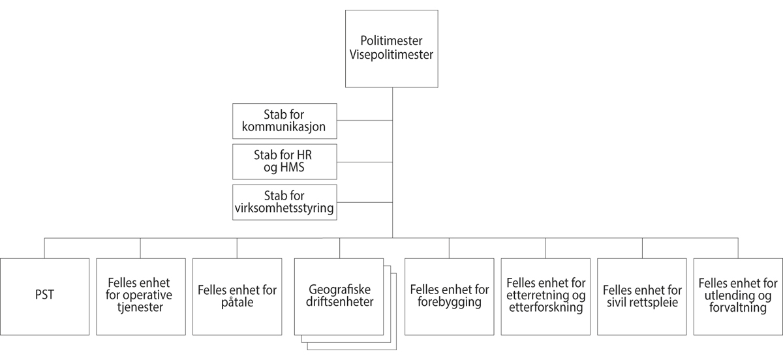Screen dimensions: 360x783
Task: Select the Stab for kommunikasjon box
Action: pos(284,121)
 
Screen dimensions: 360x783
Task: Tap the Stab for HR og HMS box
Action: pos(284,162)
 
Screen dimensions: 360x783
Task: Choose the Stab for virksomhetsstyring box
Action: pos(284,202)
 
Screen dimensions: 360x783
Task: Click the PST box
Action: pos(44,297)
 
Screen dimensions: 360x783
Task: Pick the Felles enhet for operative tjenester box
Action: pos(140,297)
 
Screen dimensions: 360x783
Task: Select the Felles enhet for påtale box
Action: pos(236,297)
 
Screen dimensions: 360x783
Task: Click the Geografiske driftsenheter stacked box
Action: pos(339,297)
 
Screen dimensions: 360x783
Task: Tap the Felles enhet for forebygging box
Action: pos(449,297)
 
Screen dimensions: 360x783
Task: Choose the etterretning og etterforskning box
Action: pos(545,297)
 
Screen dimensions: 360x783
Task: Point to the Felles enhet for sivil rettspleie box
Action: pos(642,297)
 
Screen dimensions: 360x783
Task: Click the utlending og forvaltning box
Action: pos(738,297)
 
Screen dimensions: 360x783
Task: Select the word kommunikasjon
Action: pos(284,127)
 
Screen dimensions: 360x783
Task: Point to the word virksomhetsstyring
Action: pos(284,208)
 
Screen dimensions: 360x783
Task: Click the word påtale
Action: pos(236,303)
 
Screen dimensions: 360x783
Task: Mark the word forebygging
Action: pos(449,303)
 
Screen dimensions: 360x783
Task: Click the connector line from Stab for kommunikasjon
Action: pos(364,121)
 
